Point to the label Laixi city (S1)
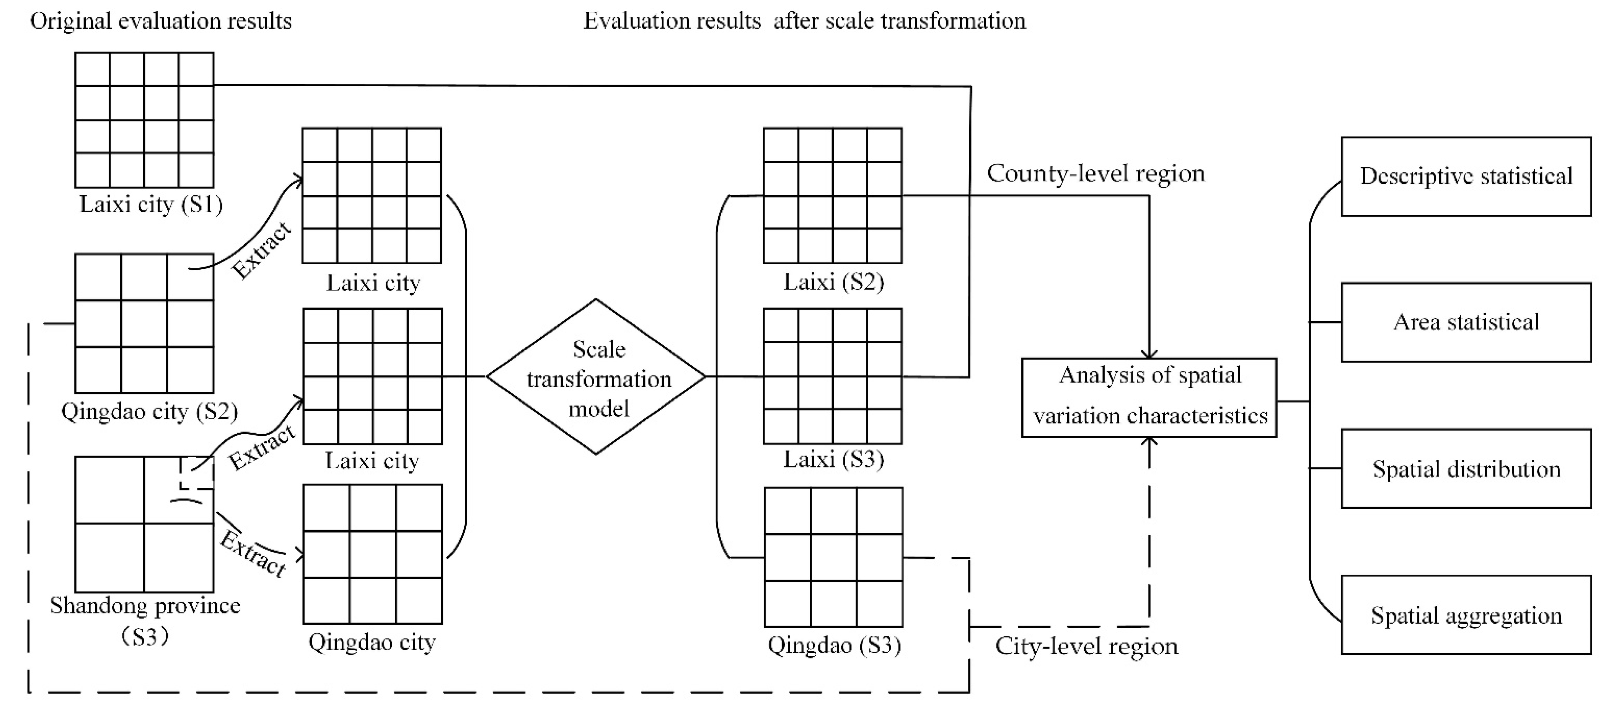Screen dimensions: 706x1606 [151, 204]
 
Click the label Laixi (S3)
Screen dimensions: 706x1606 [833, 460]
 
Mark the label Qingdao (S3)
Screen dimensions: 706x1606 [834, 645]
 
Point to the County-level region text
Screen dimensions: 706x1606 [1096, 173]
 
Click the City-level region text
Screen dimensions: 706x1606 [1086, 646]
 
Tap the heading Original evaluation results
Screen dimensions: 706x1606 [161, 21]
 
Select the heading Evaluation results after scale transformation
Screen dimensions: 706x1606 [804, 21]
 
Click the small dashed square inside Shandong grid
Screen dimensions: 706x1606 [196, 473]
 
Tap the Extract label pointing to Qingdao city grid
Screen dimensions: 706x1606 [253, 554]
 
